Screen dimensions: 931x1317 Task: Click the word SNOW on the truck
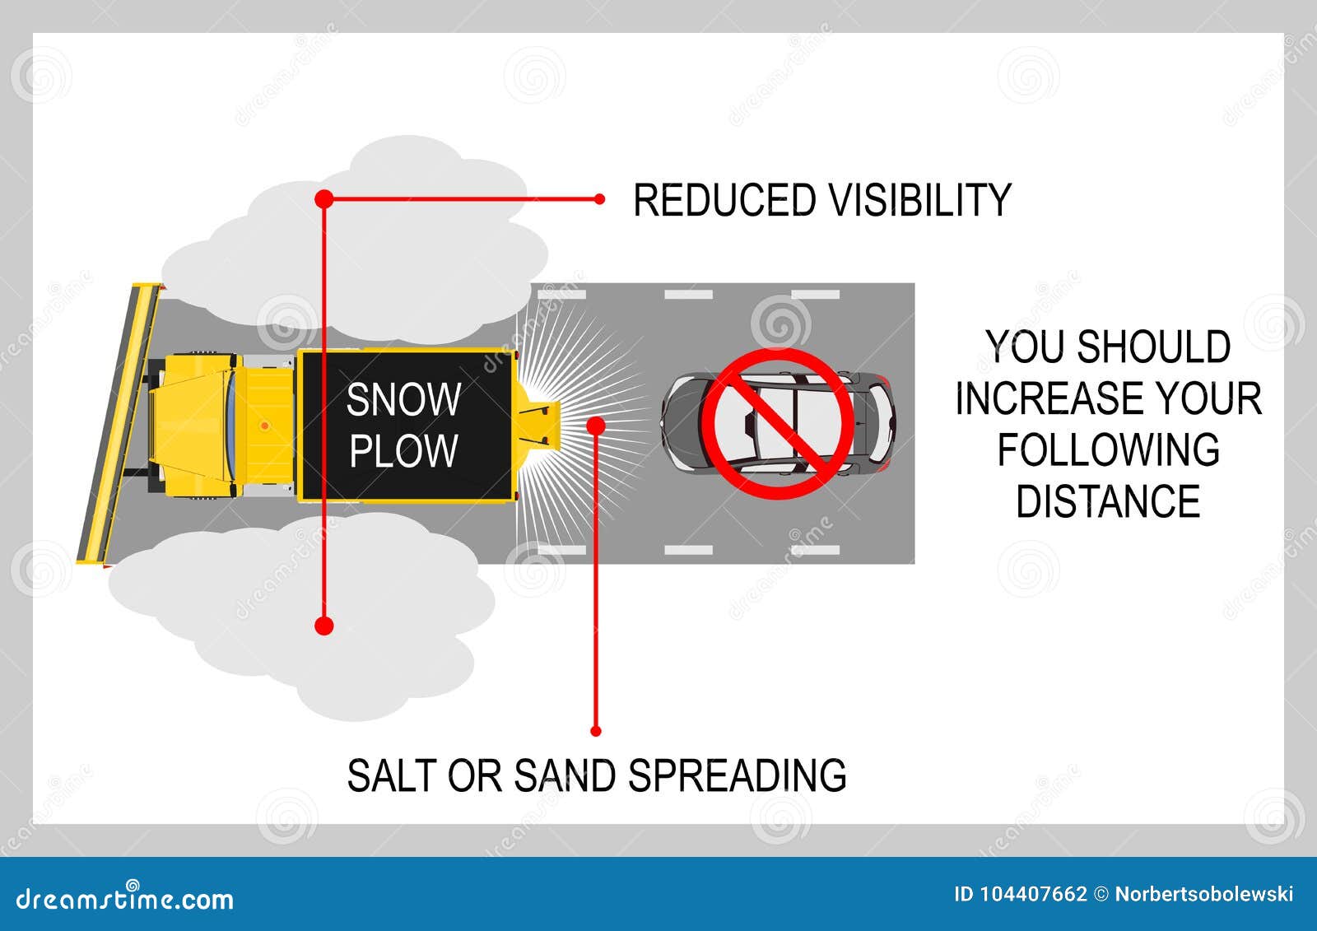pos(403,400)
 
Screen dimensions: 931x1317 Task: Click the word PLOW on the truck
pos(403,450)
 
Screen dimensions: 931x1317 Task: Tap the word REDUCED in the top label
pos(724,200)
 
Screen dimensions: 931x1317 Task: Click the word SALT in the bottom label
pos(392,775)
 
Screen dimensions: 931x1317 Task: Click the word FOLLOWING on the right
pos(1108,450)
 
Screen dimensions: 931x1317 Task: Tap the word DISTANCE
pos(1108,502)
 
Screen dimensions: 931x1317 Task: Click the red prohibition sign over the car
pos(778,423)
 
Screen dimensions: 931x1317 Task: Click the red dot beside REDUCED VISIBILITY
pos(600,199)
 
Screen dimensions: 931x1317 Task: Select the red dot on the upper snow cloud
pos(324,198)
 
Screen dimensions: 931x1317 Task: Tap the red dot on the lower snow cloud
pos(324,626)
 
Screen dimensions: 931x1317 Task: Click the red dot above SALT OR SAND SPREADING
pos(596,731)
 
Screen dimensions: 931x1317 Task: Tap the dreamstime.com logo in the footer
pos(125,899)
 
